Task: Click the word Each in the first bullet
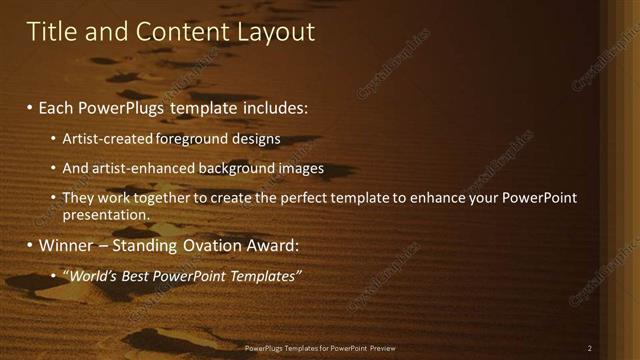pos(57,107)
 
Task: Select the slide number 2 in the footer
pos(589,348)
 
